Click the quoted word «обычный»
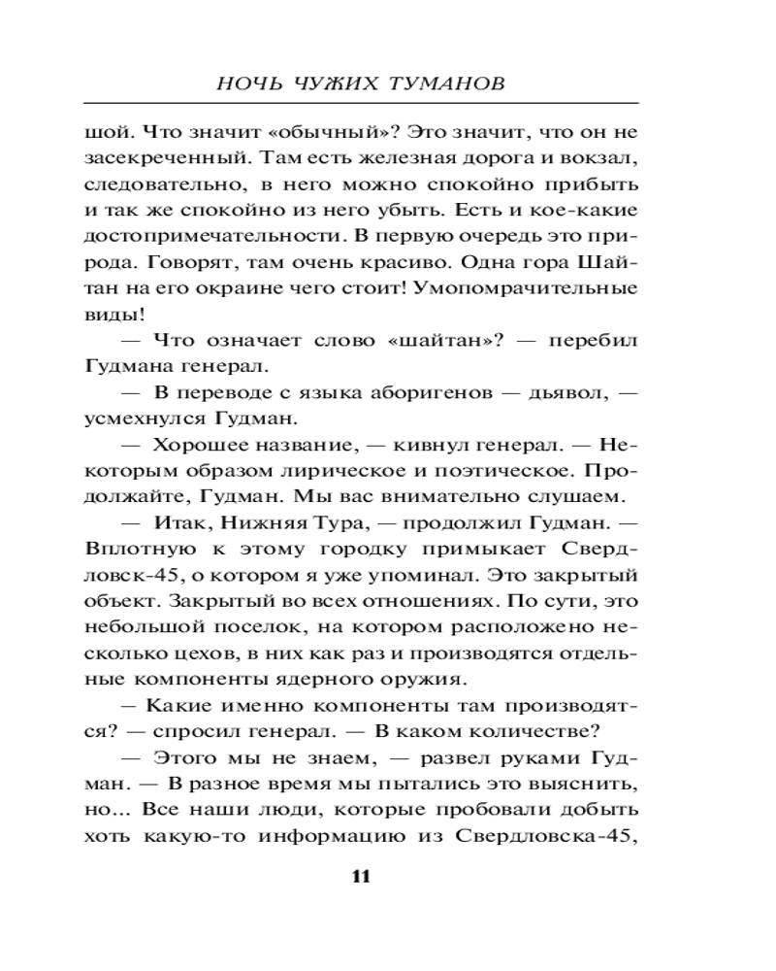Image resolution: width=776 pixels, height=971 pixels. [305, 131]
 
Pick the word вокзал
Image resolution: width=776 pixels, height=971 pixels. [600, 157]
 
